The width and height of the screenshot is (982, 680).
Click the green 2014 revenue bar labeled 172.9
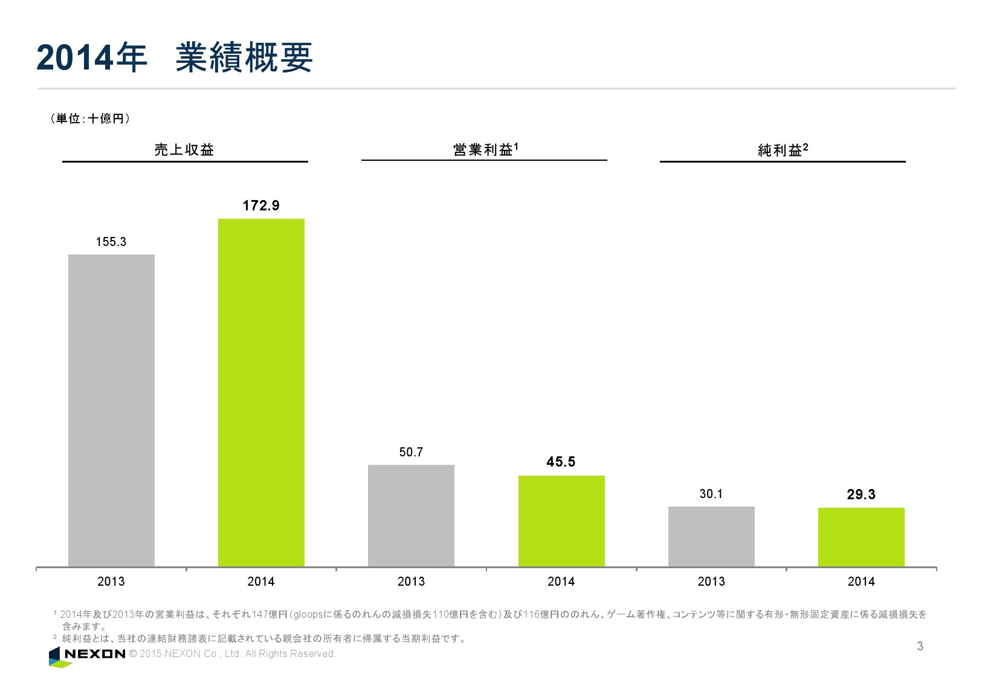[x=261, y=392]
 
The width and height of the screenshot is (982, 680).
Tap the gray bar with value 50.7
[x=411, y=515]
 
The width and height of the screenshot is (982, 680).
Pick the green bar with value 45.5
[x=561, y=520]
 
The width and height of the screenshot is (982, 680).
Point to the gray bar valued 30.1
[x=711, y=536]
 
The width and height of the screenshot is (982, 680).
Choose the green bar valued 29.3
[x=861, y=537]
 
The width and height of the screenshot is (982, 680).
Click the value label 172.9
[x=261, y=206]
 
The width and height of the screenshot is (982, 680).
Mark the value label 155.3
[x=111, y=242]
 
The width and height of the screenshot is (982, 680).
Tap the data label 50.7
[x=411, y=452]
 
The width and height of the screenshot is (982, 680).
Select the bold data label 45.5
[x=561, y=462]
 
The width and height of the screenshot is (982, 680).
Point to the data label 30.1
[x=711, y=494]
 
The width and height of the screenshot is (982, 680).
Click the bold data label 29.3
[x=861, y=495]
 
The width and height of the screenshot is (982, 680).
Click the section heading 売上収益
[x=184, y=150]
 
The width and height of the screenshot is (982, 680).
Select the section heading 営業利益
[x=483, y=149]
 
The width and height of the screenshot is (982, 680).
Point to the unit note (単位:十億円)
[x=91, y=119]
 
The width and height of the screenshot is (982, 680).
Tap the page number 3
[x=920, y=646]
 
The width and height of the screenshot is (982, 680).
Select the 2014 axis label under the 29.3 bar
[x=861, y=581]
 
